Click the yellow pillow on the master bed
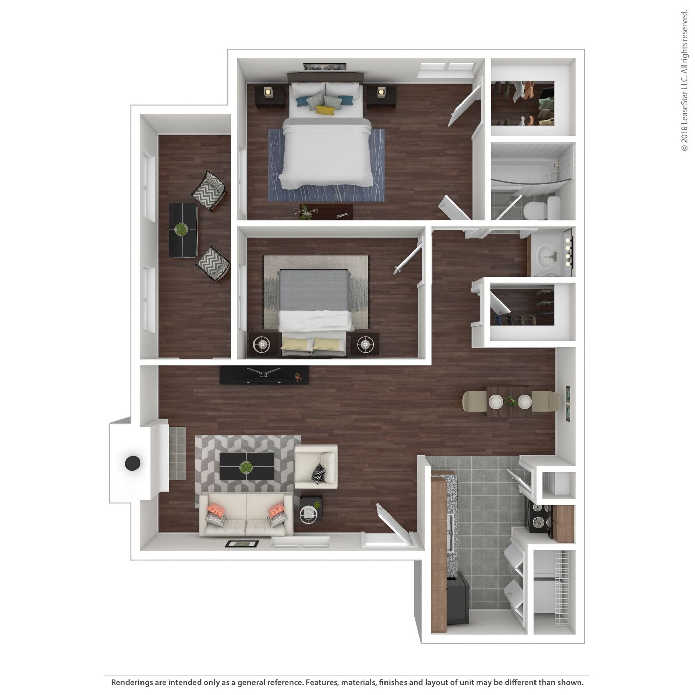pyautogui.click(x=325, y=110)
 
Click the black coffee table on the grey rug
pyautogui.click(x=247, y=466)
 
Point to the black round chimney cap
pyautogui.click(x=132, y=463)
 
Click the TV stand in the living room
pyautogui.click(x=264, y=375)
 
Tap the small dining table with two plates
pyautogui.click(x=509, y=401)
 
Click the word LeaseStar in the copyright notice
pyautogui.click(x=684, y=104)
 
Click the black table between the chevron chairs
pyautogui.click(x=183, y=230)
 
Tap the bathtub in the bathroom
pyautogui.click(x=529, y=173)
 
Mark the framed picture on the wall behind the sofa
pyautogui.click(x=242, y=544)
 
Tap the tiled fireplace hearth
pyautogui.click(x=177, y=453)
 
